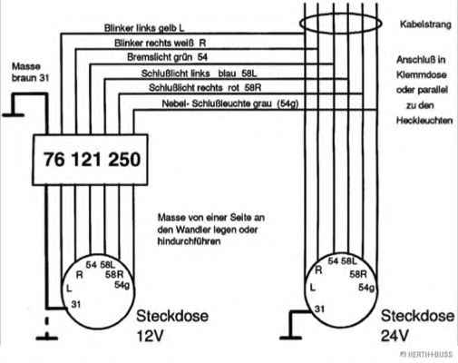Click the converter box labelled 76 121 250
point(90,160)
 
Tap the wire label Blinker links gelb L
point(144,28)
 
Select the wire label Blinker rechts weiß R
point(161,43)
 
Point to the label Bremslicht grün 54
point(167,57)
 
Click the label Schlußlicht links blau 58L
point(199,74)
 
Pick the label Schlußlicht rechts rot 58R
point(205,88)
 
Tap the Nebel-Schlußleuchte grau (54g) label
point(230,103)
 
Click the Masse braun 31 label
point(30,72)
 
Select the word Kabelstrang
point(425,25)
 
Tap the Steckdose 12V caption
point(172,326)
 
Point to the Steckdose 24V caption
point(417,326)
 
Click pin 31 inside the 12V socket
point(76,304)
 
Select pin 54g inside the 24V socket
point(366,287)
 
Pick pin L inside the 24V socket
point(313,287)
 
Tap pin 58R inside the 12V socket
point(114,275)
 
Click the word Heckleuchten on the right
point(424,121)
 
